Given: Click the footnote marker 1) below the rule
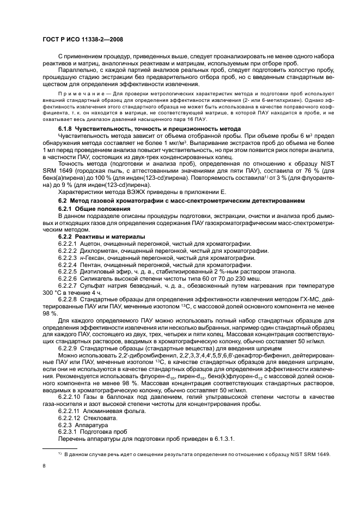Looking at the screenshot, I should point(60,454).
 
